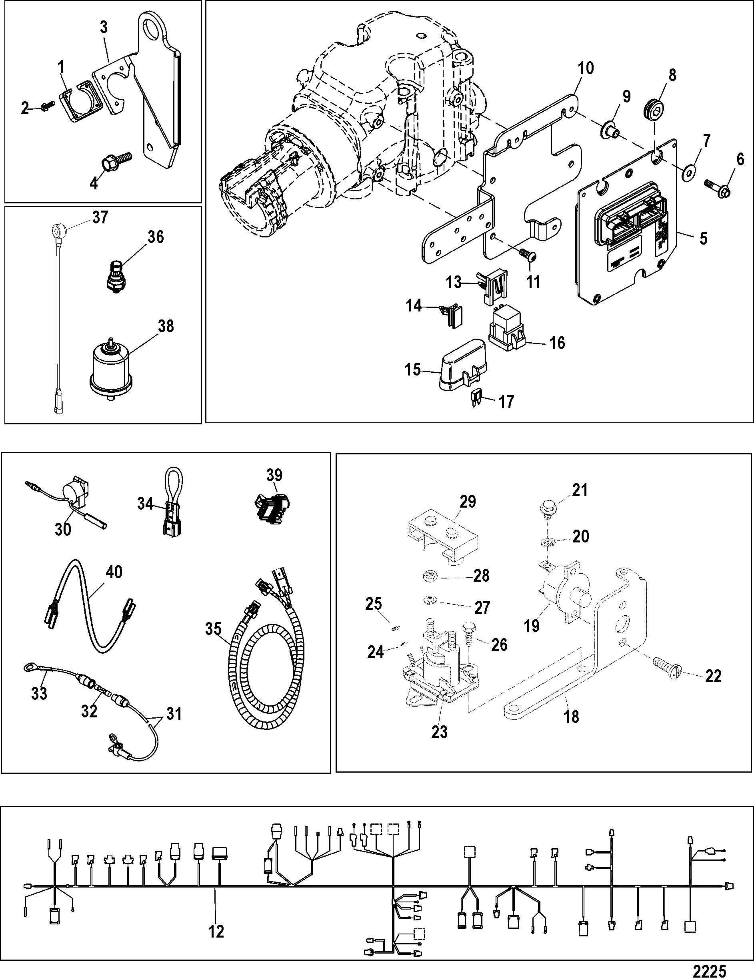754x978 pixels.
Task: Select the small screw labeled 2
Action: point(46,106)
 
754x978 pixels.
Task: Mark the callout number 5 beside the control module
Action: point(704,238)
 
